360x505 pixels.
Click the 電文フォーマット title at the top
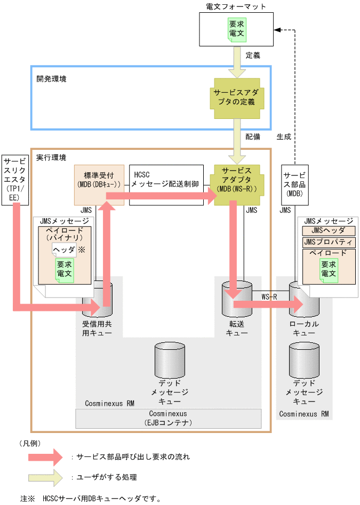(x=235, y=6)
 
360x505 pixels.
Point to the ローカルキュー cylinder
(x=303, y=301)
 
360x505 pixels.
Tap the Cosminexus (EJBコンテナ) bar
(x=168, y=419)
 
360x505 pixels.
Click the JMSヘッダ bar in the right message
(x=328, y=231)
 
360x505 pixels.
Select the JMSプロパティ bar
(x=328, y=242)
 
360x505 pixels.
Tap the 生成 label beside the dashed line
(x=284, y=137)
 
